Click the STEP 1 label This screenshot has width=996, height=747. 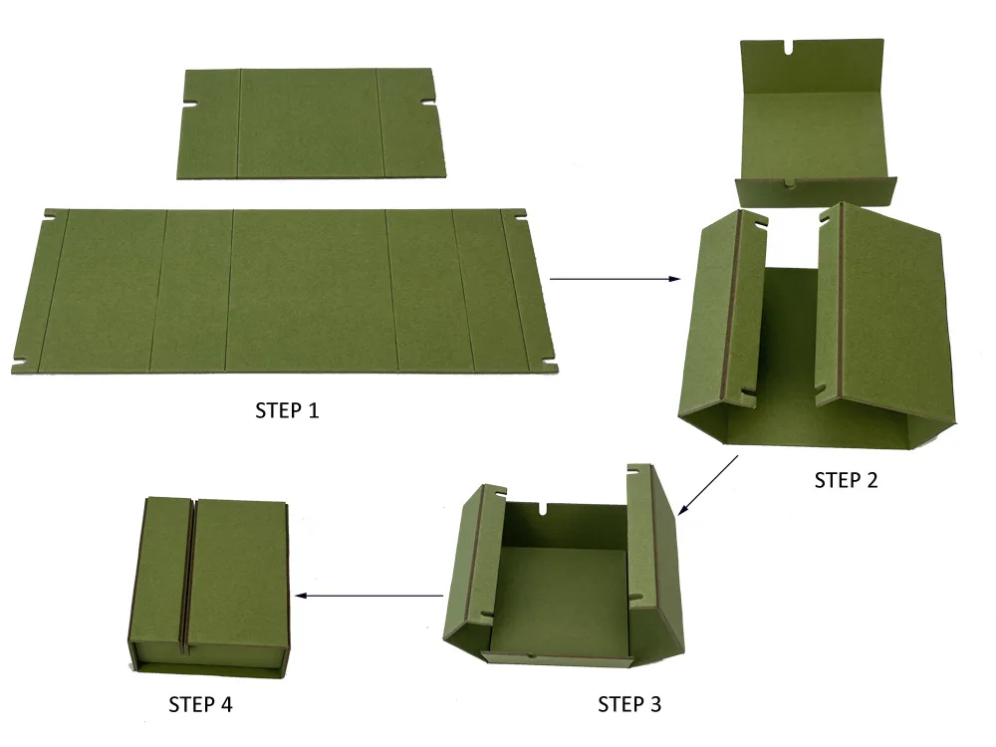288,409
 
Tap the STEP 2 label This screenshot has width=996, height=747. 846,480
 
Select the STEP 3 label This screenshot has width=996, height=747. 628,705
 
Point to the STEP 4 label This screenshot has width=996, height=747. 200,705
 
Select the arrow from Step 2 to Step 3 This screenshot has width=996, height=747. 708,485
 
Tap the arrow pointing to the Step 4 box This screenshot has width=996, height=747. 371,597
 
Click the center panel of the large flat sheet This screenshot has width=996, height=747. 309,289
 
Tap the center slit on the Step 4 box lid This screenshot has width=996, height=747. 188,568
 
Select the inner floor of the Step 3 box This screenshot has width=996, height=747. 563,598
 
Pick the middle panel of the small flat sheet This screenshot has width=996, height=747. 307,124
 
